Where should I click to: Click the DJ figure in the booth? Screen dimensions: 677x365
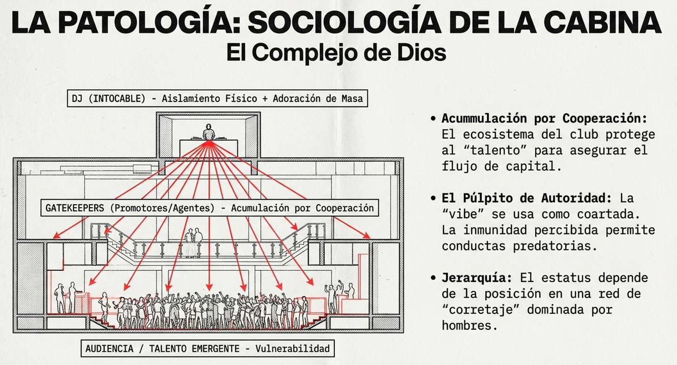[x=209, y=132]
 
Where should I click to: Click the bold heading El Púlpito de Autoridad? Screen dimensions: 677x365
[x=527, y=198]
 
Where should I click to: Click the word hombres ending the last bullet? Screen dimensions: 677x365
[x=466, y=326]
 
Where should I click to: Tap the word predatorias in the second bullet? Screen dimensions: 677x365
[x=555, y=246]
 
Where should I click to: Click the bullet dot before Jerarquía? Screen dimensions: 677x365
[x=433, y=278]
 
